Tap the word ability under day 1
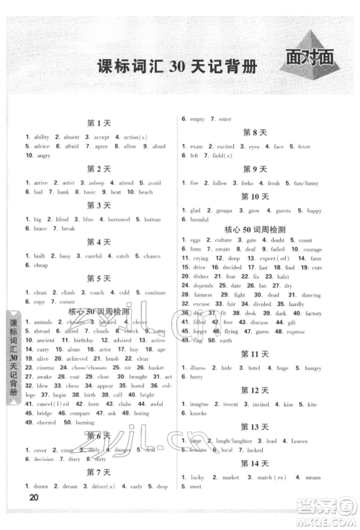click(42, 137)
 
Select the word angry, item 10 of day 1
click(42, 155)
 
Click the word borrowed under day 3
click(120, 220)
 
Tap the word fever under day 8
click(305, 146)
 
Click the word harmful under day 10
click(199, 220)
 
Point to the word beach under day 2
click(145, 192)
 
